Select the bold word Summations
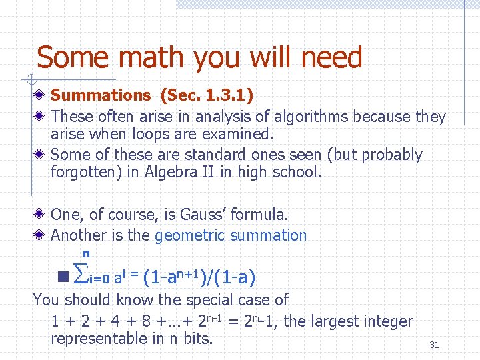101,96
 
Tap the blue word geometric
189,235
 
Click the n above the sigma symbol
86,253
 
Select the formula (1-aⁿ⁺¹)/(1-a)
200,276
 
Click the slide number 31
434,345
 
